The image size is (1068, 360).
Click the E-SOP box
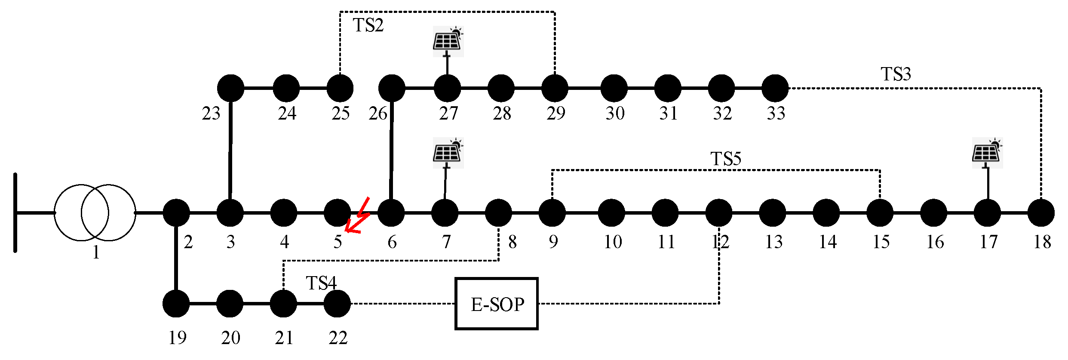point(496,304)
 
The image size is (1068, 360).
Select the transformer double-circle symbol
point(95,212)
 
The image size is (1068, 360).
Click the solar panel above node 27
point(448,41)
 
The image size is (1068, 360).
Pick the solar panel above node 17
point(987,153)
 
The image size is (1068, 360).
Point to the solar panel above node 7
point(448,153)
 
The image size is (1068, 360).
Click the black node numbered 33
point(775,88)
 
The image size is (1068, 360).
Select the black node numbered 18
point(1040,212)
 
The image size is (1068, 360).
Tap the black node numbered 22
point(337,304)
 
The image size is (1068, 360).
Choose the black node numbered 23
point(231,88)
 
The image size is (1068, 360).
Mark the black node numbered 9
point(552,212)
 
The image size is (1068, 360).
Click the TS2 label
point(368,25)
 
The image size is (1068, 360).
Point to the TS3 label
point(896,74)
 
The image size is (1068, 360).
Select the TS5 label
point(726,159)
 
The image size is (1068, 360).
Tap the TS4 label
point(321,283)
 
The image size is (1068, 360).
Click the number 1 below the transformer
point(96,252)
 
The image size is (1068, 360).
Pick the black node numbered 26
point(392,88)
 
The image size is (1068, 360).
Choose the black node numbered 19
point(176,304)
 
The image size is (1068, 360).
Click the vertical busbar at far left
point(15,212)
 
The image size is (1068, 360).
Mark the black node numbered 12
point(719,212)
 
